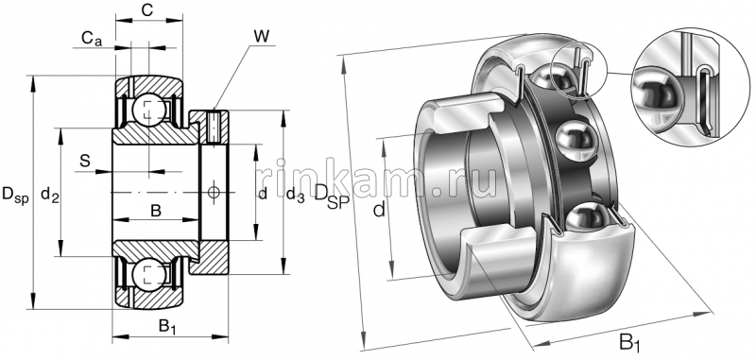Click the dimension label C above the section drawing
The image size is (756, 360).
click(x=146, y=10)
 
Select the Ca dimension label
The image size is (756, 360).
click(x=92, y=39)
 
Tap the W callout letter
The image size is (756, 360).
click(x=261, y=37)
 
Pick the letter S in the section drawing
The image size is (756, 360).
click(x=85, y=161)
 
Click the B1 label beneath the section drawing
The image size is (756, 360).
click(x=167, y=327)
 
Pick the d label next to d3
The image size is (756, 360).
click(x=263, y=194)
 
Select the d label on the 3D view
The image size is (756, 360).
click(x=379, y=210)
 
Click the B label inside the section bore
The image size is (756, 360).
click(x=156, y=210)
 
